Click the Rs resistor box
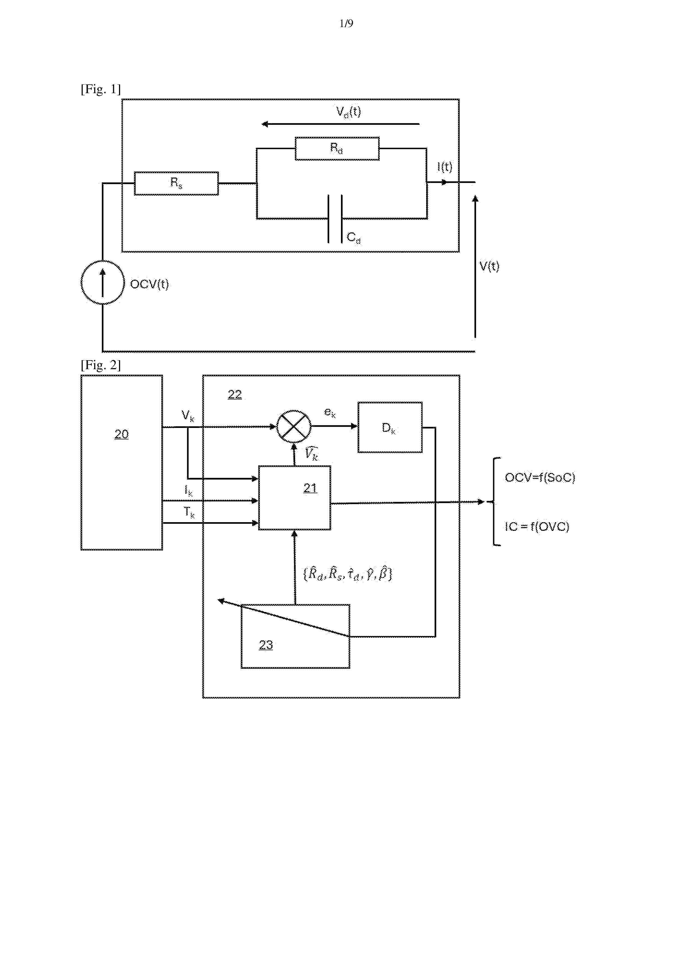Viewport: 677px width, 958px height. click(176, 183)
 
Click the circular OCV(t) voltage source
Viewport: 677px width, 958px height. click(103, 282)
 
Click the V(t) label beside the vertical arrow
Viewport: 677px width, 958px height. click(489, 266)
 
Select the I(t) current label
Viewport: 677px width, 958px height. click(445, 167)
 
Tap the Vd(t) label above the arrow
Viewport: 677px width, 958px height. click(348, 112)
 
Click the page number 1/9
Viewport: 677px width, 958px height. click(346, 23)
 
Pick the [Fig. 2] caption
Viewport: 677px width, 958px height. click(100, 365)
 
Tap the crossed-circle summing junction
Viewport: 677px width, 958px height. click(294, 426)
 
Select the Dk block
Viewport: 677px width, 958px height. click(390, 427)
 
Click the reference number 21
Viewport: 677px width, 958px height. click(310, 488)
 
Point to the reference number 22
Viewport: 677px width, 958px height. click(235, 394)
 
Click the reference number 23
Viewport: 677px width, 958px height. click(266, 645)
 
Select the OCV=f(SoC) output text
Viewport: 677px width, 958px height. click(540, 477)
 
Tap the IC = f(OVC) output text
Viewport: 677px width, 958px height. click(537, 527)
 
